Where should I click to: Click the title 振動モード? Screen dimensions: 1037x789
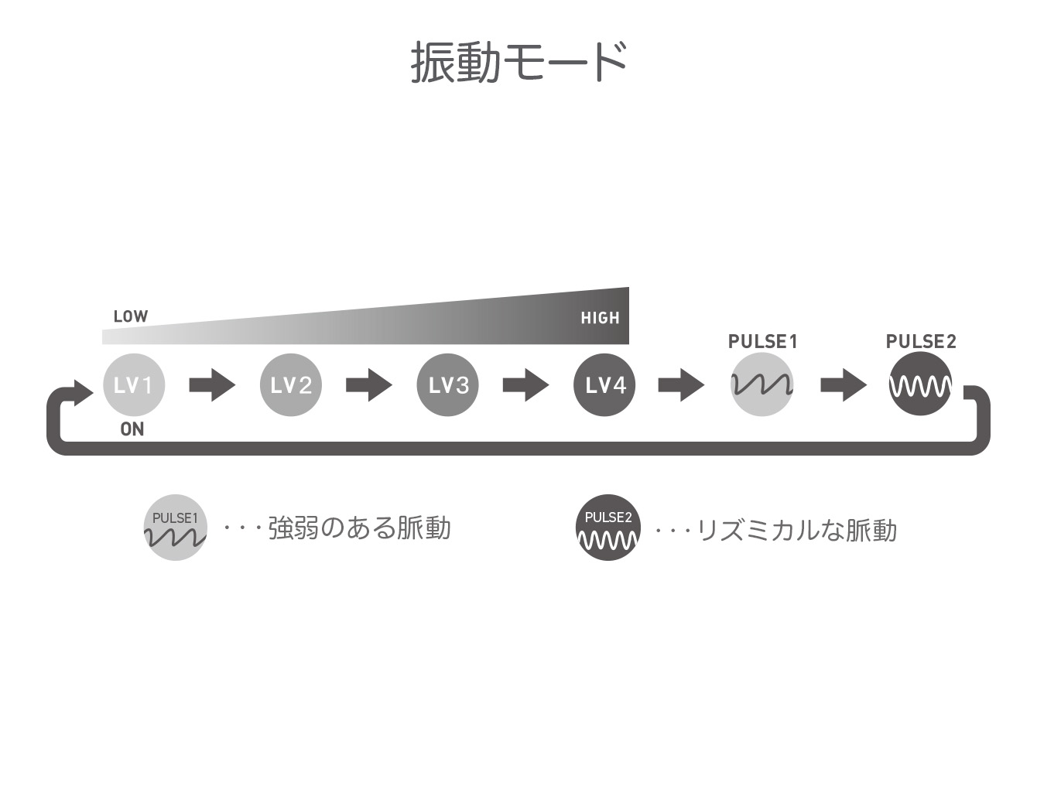(x=518, y=62)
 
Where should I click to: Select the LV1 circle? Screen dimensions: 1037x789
(x=134, y=384)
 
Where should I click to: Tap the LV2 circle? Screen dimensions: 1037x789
(x=290, y=384)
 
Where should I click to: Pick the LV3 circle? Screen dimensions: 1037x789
(x=447, y=384)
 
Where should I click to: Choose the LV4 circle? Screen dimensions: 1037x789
(x=604, y=384)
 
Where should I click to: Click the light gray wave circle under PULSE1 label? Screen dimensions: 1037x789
(x=761, y=384)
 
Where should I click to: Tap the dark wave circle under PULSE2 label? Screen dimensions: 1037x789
(x=920, y=384)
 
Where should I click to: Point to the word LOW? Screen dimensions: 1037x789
(x=131, y=316)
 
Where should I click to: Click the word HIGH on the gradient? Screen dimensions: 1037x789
(x=600, y=318)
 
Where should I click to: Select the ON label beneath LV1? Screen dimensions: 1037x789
(x=132, y=429)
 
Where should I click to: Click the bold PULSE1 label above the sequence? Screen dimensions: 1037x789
(x=762, y=341)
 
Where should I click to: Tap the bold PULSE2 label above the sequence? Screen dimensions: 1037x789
(x=921, y=341)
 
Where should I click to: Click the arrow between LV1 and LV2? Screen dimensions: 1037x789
(x=212, y=384)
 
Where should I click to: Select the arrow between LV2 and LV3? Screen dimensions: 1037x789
(x=369, y=384)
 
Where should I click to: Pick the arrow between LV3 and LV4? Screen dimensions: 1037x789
(x=525, y=384)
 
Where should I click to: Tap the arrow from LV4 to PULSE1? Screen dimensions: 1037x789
(x=681, y=384)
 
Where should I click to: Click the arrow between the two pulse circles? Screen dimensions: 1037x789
(x=844, y=384)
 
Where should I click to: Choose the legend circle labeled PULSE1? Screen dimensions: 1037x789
(x=175, y=528)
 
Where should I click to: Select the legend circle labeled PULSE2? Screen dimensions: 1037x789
(x=608, y=528)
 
